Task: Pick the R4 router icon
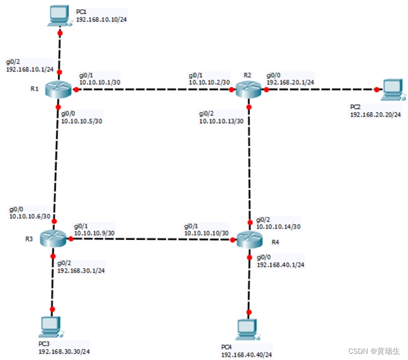pos(249,240)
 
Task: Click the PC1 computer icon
pos(59,15)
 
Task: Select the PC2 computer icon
pos(391,90)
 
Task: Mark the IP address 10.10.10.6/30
pos(30,216)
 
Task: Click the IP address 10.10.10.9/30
pos(94,233)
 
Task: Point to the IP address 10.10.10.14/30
pos(279,226)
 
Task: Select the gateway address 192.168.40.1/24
pos(280,264)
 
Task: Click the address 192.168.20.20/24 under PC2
pos(375,114)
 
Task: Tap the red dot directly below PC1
pos(60,33)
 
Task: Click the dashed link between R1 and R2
pos(156,90)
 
